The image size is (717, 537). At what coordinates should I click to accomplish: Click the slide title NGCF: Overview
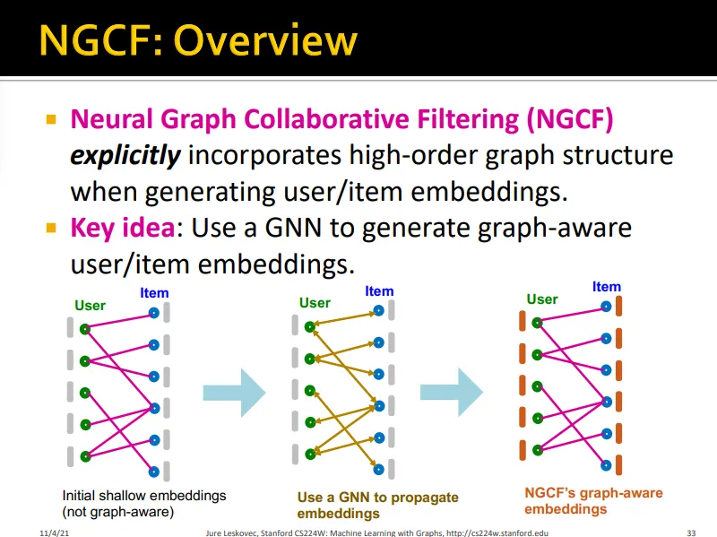198,40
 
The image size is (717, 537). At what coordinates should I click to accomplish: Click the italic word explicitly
125,155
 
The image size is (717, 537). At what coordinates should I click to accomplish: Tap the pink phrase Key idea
122,228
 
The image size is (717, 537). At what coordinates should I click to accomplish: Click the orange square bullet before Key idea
51,227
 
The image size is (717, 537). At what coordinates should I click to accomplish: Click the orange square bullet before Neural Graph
51,118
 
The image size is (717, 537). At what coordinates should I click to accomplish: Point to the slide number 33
690,532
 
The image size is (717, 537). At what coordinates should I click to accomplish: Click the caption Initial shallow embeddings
144,495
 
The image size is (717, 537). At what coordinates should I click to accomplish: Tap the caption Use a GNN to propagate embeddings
377,506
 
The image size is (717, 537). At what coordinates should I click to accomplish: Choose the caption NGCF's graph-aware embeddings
593,501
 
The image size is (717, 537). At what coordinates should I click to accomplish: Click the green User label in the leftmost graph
91,306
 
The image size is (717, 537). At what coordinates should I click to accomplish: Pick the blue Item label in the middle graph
379,291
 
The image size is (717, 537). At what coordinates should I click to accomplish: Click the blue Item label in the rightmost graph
607,287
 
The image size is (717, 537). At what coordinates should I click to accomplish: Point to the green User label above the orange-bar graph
542,299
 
